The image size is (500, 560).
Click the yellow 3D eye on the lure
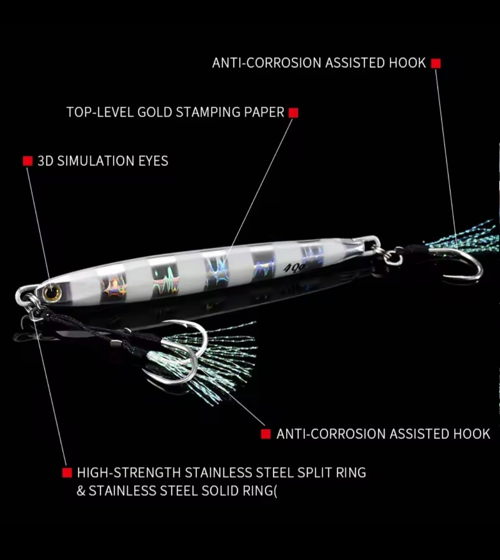(52, 292)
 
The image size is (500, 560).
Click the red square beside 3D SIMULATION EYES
(28, 161)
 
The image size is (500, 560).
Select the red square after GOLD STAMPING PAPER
(293, 113)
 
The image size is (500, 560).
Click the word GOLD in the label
(155, 112)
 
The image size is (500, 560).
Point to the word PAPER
(264, 112)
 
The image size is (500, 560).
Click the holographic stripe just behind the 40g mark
(312, 256)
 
